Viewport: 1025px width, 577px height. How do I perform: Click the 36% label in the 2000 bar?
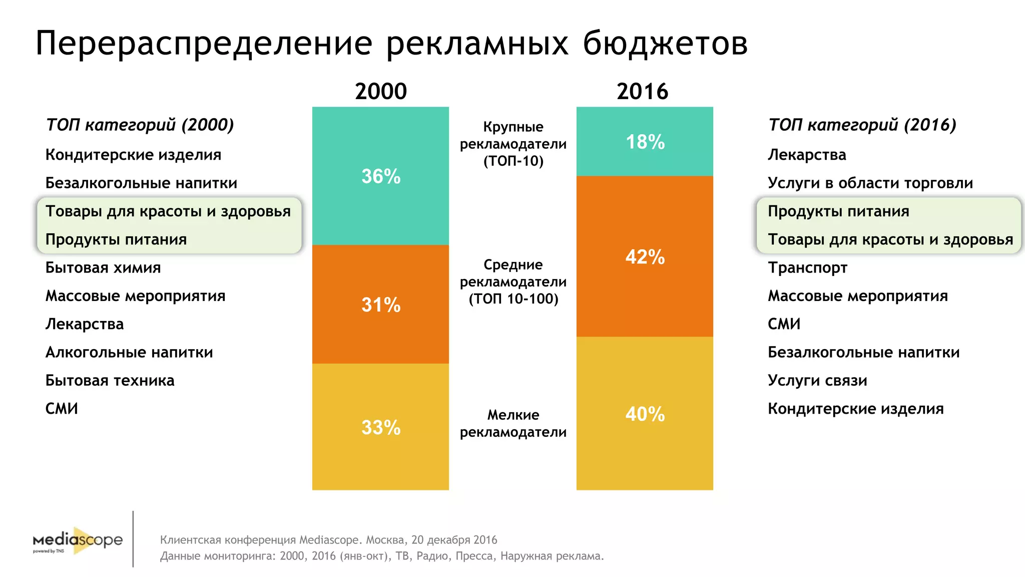pos(381,176)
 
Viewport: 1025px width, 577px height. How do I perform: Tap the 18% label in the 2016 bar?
pos(645,142)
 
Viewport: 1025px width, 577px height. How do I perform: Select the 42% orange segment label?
pos(645,257)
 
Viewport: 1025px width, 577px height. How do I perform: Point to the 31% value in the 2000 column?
pos(381,305)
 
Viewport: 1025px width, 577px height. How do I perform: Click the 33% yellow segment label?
pos(381,427)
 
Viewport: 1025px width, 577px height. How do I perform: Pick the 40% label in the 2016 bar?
pos(645,414)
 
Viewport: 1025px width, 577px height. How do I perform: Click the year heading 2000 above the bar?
pos(381,92)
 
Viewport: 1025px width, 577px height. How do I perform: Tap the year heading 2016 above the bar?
pos(642,92)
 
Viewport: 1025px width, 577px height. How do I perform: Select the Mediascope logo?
pos(78,540)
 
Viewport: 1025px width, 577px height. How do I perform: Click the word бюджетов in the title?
pos(665,44)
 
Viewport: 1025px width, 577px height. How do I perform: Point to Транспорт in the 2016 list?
pos(807,268)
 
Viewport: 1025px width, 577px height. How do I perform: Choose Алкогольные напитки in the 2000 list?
pos(129,353)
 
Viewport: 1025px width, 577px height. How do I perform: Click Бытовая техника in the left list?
pos(110,381)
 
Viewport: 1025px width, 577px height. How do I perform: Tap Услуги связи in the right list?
pos(817,381)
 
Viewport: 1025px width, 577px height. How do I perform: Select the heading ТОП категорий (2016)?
pos(862,125)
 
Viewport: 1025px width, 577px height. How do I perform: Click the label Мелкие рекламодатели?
pos(513,423)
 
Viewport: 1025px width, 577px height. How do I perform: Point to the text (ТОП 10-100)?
pos(513,299)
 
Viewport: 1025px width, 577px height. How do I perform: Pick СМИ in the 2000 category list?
pos(62,409)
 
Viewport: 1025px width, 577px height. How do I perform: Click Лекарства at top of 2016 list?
pos(807,155)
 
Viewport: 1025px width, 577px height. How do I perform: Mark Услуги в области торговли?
pos(870,183)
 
